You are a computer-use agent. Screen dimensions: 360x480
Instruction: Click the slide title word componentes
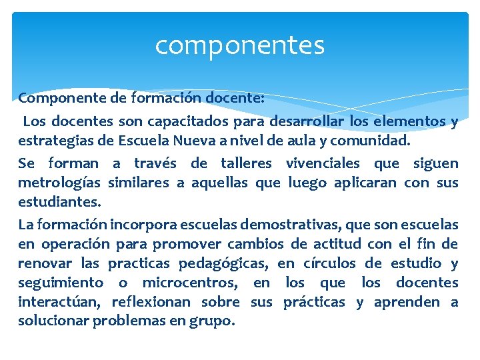pos(240,45)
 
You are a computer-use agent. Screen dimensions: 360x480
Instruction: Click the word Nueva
pos(193,141)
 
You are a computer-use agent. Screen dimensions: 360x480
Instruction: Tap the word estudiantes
pos(59,202)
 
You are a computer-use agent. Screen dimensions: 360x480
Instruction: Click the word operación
pos(67,243)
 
